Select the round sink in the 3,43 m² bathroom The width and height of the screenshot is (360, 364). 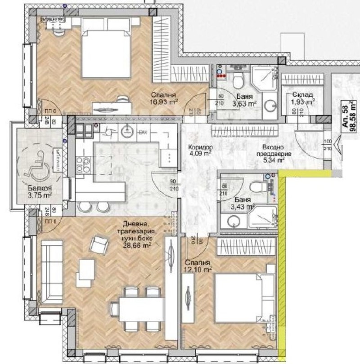(233, 221)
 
